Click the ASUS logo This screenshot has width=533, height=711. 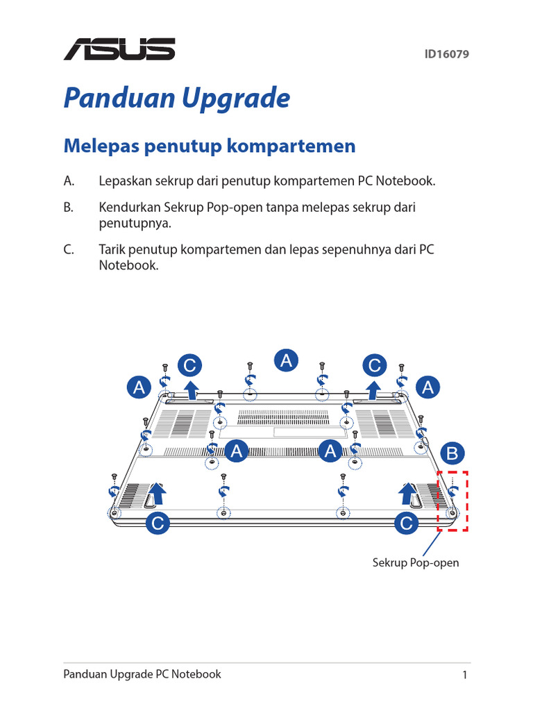pos(119,49)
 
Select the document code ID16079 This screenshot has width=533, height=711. pos(447,53)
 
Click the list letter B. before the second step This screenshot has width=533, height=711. pos(68,208)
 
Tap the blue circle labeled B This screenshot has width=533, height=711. pos(452,454)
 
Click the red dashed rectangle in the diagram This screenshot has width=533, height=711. pos(453,501)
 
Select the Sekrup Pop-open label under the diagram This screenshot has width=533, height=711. pos(416,562)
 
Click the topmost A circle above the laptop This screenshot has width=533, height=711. pos(286,360)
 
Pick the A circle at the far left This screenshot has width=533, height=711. pos(139,387)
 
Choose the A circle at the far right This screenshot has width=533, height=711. pos(428,387)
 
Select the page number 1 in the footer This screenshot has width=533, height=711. pos(465,675)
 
